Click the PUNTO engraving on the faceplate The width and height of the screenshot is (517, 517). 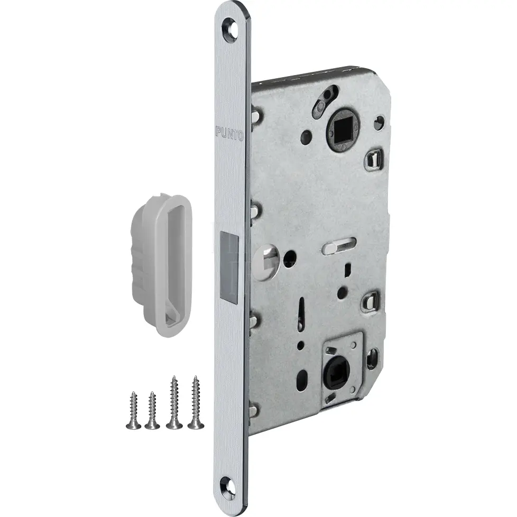tap(229, 133)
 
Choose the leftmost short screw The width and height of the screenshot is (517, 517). tap(134, 410)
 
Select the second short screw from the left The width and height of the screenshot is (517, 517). tap(152, 410)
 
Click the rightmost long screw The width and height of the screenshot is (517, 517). tap(196, 402)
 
